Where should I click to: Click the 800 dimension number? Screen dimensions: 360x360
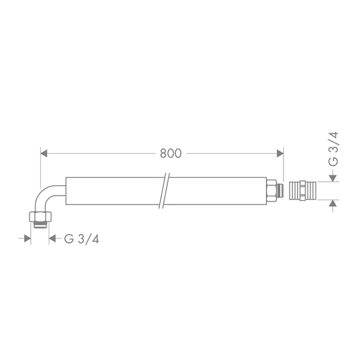tap(171, 153)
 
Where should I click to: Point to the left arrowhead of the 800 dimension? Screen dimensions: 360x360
tap(44, 153)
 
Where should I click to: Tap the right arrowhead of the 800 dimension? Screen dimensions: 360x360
tap(280, 153)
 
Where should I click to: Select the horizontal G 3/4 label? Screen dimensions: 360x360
tap(82, 239)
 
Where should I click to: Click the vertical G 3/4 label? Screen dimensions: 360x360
tap(333, 149)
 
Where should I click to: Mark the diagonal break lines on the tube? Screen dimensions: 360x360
tap(164, 191)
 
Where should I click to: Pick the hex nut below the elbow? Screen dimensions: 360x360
tap(40, 217)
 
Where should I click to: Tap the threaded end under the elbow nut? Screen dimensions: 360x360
tap(41, 225)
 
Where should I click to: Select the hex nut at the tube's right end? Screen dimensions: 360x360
tap(272, 191)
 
